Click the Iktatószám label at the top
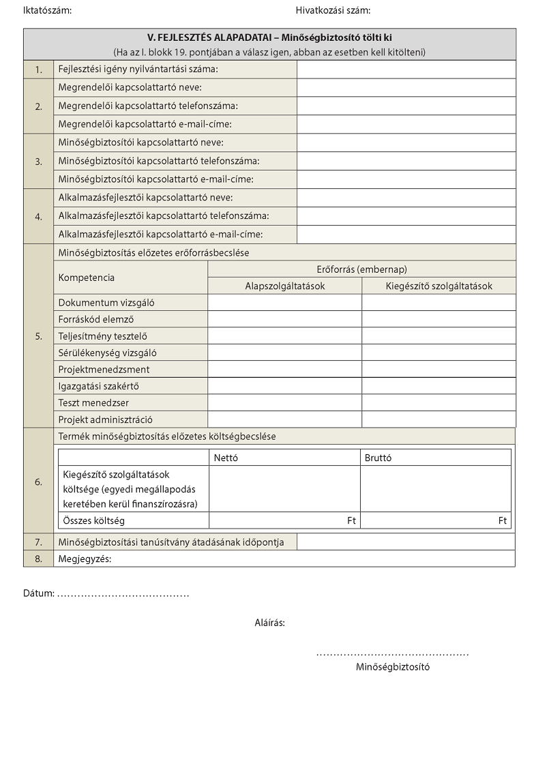(x=47, y=10)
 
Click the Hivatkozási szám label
(x=333, y=10)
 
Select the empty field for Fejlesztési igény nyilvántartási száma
(x=406, y=70)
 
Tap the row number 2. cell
(x=39, y=106)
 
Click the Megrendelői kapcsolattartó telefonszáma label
(x=148, y=106)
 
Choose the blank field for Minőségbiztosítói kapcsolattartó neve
(x=406, y=143)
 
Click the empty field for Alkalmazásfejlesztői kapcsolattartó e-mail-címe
(x=406, y=235)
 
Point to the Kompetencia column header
(x=87, y=278)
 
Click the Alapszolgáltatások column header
(x=285, y=286)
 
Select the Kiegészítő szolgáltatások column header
(x=439, y=286)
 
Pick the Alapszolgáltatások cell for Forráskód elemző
(x=284, y=319)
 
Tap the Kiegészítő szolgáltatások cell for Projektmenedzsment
(x=439, y=370)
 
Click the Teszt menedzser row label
(x=93, y=403)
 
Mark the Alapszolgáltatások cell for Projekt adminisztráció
(x=284, y=419)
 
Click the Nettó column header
(x=226, y=458)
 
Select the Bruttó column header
(x=379, y=458)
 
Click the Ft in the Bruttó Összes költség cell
(x=503, y=521)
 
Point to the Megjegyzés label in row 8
(x=85, y=559)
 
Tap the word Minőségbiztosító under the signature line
(x=393, y=667)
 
